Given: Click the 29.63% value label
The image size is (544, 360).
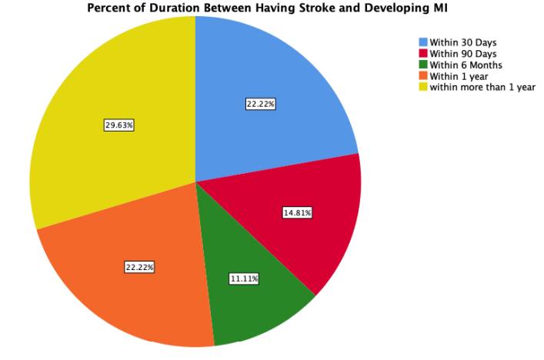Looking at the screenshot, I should click(119, 125).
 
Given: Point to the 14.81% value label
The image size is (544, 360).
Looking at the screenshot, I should click(297, 212).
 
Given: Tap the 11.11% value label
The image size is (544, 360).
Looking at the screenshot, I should click(244, 278).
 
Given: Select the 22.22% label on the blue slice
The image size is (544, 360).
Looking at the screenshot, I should click(261, 104).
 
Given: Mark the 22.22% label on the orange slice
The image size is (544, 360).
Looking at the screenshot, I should click(139, 267).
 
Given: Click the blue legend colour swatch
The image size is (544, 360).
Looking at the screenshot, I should click(422, 42).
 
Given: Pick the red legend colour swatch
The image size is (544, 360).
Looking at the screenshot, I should click(422, 53).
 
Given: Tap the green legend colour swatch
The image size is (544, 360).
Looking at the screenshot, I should click(422, 65).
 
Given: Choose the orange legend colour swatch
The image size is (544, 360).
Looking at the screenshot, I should click(422, 75).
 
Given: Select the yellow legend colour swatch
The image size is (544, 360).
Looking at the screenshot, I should click(422, 87).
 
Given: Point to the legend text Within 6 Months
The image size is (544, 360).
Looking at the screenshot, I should click(466, 65).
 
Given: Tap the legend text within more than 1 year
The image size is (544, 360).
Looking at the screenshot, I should click(482, 87).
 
